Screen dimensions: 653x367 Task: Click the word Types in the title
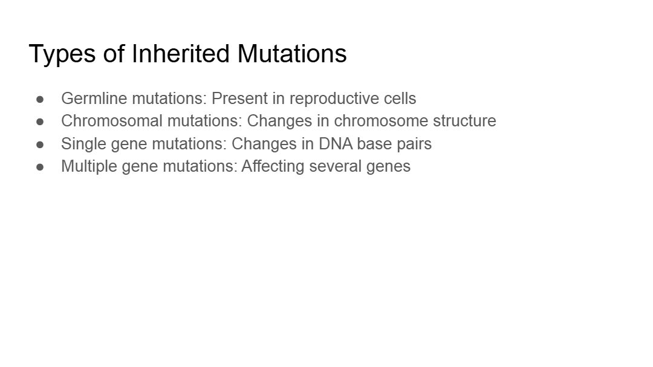62,54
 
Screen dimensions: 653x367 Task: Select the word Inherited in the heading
180,53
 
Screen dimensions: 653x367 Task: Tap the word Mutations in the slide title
292,53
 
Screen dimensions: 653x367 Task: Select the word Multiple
89,167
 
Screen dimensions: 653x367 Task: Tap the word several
335,166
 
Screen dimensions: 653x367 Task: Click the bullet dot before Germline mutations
40,99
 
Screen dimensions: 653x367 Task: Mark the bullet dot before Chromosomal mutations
40,122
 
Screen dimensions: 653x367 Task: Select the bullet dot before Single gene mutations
40,145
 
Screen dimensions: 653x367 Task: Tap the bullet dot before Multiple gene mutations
40,167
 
